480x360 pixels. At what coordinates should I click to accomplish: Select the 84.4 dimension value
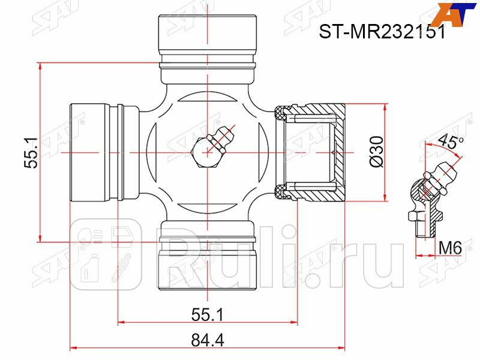pyautogui.click(x=208, y=340)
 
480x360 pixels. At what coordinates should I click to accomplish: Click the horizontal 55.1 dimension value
pyautogui.click(x=208, y=314)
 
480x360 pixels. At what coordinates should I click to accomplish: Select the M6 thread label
pyautogui.click(x=450, y=247)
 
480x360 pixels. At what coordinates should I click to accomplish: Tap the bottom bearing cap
pyautogui.click(x=208, y=264)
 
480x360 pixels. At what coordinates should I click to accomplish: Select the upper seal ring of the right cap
pyautogui.click(x=280, y=112)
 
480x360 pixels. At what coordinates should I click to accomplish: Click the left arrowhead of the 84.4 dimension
pyautogui.click(x=73, y=347)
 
